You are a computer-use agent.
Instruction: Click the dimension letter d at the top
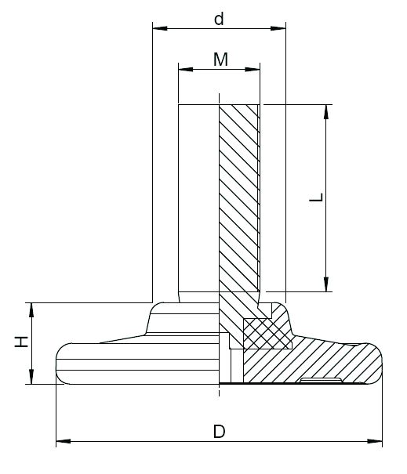coord(219,19)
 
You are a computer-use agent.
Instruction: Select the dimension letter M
coord(220,60)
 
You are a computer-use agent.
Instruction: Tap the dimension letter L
coord(317,197)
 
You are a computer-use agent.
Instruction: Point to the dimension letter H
coord(21,342)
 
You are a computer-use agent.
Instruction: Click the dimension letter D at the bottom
coord(220,432)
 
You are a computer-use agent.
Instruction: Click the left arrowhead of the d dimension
coord(160,28)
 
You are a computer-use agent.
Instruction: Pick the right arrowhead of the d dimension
coord(278,28)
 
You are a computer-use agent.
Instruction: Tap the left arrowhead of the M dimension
coord(186,69)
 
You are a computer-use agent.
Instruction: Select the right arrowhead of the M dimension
coord(253,69)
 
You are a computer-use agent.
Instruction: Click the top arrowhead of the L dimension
coord(326,112)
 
